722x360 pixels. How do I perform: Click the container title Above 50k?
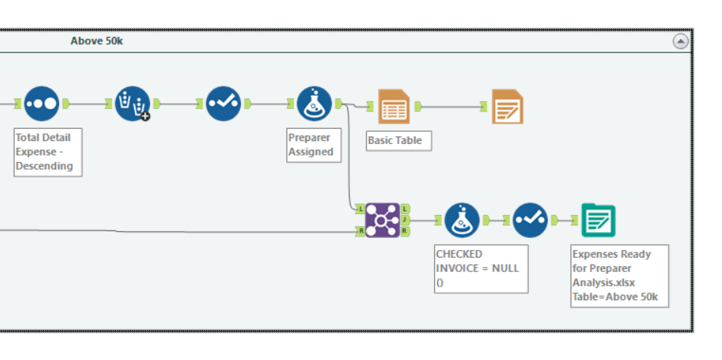click(96, 41)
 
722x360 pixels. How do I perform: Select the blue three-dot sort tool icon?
click(41, 104)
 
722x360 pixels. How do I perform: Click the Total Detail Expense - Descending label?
click(47, 152)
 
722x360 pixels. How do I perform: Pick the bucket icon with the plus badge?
click(133, 104)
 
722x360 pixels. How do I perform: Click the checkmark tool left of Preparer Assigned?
click(223, 104)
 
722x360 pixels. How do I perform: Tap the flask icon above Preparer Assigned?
click(314, 104)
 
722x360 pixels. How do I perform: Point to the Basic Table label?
click(399, 140)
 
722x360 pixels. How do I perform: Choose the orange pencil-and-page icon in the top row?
click(507, 106)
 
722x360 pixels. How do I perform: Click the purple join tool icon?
click(382, 220)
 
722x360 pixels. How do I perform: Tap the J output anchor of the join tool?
click(405, 220)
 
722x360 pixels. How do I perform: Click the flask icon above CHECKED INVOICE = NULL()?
click(462, 220)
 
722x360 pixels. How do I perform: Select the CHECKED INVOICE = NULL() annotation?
click(481, 268)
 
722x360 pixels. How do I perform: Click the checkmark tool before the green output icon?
click(530, 220)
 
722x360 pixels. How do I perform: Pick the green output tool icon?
click(599, 221)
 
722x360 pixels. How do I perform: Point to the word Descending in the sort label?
click(44, 166)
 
